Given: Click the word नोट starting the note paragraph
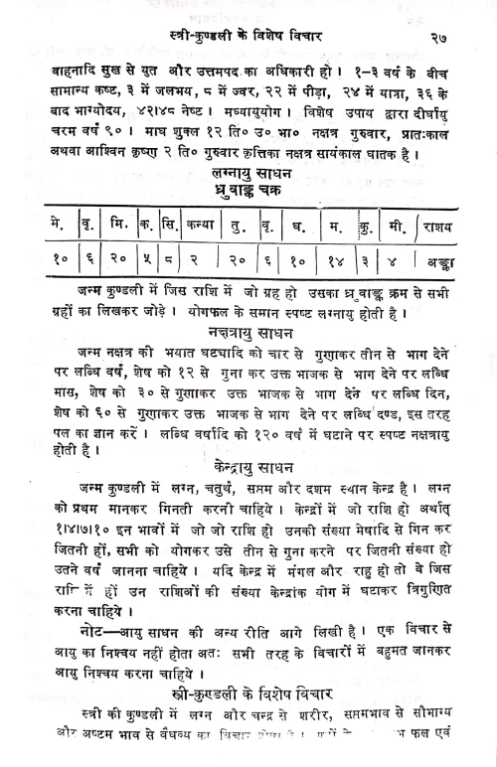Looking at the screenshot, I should click(76, 631).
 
